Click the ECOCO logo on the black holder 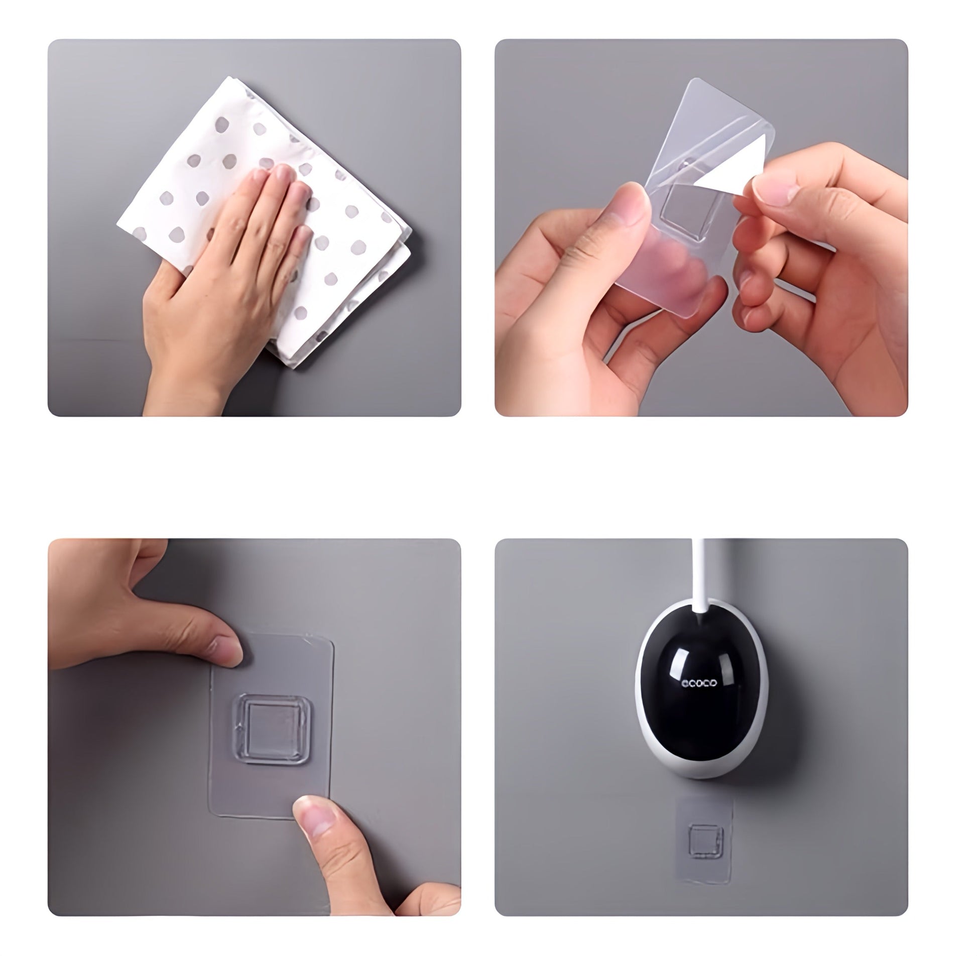coord(699,683)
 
